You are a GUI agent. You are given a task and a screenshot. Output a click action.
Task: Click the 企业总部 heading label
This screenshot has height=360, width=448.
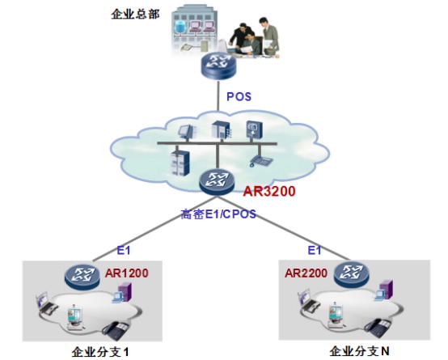coord(135,14)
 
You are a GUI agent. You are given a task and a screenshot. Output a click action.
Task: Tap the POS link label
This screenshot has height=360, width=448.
coord(239,96)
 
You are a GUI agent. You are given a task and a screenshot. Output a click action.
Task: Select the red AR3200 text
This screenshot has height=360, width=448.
coord(269,191)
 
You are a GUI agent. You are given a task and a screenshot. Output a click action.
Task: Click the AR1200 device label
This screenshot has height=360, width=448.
coord(127,273)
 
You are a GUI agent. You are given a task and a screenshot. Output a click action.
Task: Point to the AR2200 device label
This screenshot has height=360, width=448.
coord(306,273)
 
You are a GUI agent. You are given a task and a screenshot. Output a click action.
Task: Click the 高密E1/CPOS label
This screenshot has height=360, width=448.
coord(218,214)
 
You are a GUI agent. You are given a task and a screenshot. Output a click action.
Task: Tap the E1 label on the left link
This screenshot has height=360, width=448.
coord(124,251)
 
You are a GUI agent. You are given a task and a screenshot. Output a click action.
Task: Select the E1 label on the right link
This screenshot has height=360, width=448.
coord(315,251)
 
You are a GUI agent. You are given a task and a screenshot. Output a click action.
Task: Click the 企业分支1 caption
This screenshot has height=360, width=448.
coord(100,352)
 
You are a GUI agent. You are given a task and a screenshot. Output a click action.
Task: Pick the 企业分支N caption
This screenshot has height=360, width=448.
coord(359,351)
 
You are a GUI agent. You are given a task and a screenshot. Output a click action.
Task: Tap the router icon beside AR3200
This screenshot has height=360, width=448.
coord(217,182)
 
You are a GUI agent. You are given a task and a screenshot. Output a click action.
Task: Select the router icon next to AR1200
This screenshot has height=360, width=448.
coord(82,276)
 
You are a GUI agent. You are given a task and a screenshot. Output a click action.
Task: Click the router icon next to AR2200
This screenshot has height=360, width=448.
coord(352,274)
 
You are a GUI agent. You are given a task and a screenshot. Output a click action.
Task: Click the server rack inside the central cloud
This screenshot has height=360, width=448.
coord(180,162)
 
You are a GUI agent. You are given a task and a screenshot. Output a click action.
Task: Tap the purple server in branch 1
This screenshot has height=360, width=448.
coord(125,291)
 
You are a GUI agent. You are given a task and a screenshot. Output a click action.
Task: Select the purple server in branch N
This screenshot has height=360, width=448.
coord(387,290)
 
